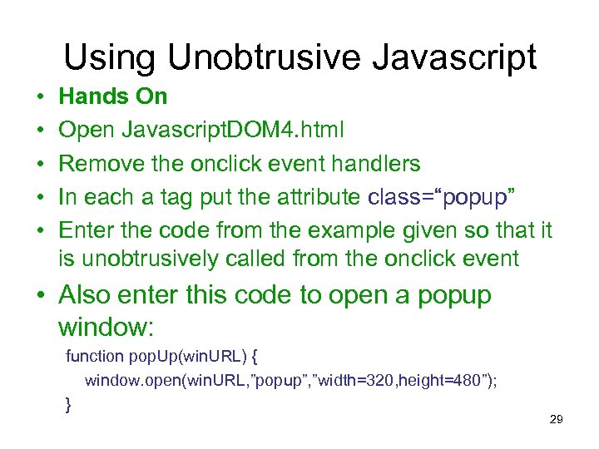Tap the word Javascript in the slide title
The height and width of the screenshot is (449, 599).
(x=460, y=57)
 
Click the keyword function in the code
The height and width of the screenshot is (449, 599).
(x=95, y=358)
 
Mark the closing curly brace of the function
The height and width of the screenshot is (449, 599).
(x=68, y=405)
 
